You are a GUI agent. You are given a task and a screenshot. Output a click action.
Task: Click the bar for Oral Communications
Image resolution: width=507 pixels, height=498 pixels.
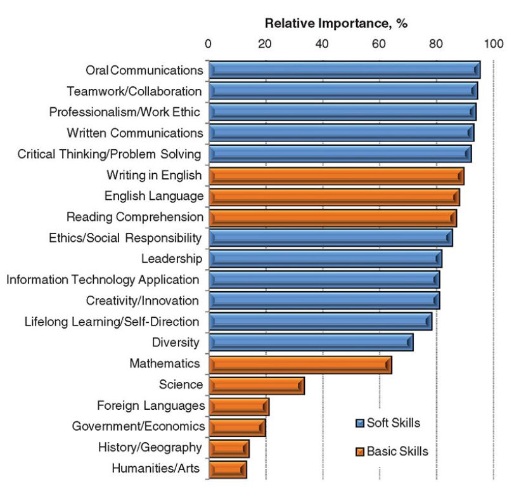344,70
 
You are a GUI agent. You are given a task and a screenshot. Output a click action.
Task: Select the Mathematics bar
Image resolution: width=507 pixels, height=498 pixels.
300,365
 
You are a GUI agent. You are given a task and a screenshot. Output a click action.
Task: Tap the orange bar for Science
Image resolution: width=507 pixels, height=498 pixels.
256,386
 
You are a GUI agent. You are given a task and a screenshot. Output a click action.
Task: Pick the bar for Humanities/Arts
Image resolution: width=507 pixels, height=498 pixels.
227,469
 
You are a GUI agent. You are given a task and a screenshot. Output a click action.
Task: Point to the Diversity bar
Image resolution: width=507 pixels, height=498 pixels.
311,343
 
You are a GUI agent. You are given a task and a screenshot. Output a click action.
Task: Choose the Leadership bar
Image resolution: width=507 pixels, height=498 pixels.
324,259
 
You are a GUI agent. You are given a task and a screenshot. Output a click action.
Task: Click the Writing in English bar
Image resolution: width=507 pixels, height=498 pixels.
336,176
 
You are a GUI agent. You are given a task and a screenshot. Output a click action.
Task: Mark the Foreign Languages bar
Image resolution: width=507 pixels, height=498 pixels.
238,407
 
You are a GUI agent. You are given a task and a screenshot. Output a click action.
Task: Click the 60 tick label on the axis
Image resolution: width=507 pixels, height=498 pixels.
378,44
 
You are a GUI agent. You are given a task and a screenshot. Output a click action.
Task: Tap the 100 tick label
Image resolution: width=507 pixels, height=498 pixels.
492,44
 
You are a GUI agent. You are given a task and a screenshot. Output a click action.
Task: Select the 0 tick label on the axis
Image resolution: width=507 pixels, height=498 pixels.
209,44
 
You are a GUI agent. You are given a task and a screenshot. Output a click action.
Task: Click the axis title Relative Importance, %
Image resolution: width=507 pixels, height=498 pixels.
336,24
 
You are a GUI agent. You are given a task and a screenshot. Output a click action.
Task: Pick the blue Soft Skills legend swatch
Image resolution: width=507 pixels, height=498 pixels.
359,423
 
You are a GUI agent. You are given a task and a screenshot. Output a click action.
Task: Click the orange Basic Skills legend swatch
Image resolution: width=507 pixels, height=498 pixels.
359,452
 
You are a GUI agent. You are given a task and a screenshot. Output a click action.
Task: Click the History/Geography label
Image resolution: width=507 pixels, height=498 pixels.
150,448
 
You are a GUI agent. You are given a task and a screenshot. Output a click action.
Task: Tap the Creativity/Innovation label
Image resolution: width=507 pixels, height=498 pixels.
142,301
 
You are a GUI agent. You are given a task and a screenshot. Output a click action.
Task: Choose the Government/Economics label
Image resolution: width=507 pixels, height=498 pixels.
138,426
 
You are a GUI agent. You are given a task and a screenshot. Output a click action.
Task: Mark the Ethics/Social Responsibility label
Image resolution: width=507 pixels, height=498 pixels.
125,238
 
